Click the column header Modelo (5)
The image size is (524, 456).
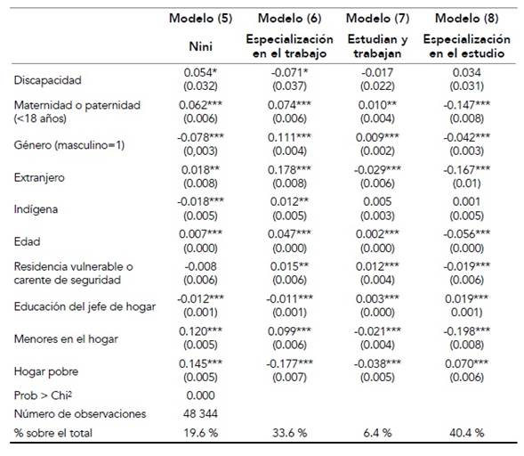coord(202,19)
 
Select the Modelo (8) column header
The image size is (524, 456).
coord(466,19)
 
